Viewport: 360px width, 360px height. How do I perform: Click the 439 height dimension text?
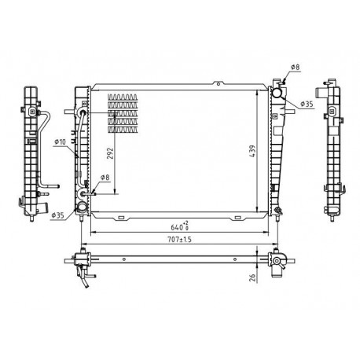point(252,151)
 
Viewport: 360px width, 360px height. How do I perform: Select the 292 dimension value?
point(110,153)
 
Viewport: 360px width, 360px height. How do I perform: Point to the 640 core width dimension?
point(180,226)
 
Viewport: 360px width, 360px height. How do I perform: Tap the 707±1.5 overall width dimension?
point(180,240)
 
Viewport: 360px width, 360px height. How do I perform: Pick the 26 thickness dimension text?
point(252,277)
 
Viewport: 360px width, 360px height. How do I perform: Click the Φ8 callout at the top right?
point(295,67)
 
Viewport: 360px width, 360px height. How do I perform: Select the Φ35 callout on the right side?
point(307,105)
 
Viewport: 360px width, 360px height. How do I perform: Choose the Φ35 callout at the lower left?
point(57,215)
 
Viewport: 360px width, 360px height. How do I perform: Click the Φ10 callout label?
point(60,142)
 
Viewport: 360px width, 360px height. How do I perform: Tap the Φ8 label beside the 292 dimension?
point(105,178)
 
